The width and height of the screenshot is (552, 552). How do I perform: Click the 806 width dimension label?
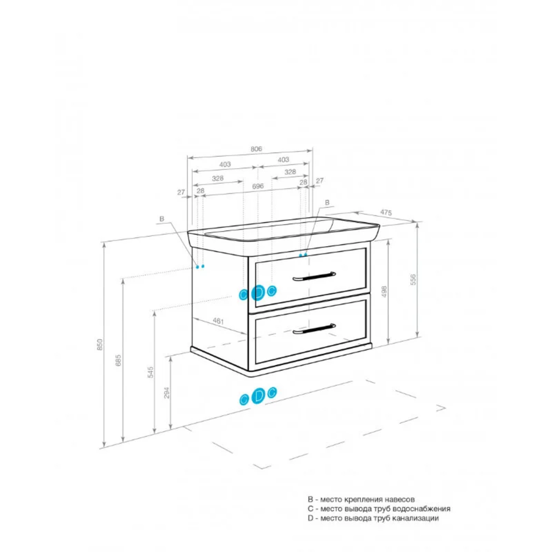[256, 149]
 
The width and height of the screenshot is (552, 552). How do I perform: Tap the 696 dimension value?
[257, 186]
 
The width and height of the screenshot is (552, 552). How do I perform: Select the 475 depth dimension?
[386, 212]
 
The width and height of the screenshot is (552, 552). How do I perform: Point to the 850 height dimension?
[100, 345]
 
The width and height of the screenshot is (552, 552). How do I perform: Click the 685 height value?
[119, 360]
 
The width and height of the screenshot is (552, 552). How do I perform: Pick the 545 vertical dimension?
[150, 372]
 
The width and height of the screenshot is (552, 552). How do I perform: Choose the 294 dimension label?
[167, 393]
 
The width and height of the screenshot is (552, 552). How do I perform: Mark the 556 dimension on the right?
[413, 279]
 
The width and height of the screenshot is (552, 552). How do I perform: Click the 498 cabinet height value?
[384, 292]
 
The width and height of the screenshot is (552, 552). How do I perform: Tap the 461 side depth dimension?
[218, 321]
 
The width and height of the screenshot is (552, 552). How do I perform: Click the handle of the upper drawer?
[314, 276]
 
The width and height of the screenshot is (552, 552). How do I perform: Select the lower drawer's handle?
[314, 328]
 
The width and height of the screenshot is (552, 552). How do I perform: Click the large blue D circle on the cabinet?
[259, 292]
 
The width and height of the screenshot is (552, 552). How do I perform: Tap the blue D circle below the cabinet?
[259, 396]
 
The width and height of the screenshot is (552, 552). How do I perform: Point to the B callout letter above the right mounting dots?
[327, 202]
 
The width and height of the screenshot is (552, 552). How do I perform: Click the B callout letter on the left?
[162, 218]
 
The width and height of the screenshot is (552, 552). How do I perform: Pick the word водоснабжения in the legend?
[421, 508]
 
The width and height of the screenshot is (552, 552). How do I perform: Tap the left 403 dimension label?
[225, 164]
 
